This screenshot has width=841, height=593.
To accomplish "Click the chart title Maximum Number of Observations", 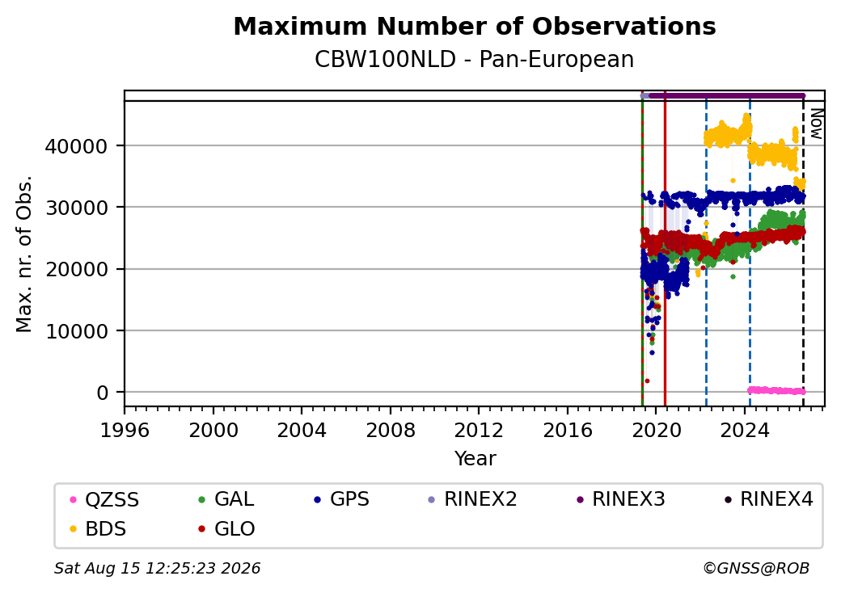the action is [475, 26].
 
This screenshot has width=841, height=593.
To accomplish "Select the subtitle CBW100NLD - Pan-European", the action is [474, 59].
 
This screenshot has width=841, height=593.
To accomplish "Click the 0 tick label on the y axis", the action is [102, 393].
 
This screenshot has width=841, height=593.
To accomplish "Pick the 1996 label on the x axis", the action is [125, 430].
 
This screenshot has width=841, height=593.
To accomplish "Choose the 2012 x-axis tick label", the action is [479, 430].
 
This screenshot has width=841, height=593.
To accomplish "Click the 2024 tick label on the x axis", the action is [745, 430].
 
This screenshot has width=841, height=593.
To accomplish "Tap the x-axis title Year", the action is [475, 459].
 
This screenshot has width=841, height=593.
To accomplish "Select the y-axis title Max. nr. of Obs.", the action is [24, 254].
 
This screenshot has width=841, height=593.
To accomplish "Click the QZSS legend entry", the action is [105, 500].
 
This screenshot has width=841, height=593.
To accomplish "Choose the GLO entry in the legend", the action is [227, 529].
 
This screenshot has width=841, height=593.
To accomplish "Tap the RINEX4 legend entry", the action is [769, 499].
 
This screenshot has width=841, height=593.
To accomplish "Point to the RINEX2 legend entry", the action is [473, 499].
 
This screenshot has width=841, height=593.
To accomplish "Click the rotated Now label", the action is [816, 124].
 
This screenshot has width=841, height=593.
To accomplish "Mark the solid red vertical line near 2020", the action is [665, 249].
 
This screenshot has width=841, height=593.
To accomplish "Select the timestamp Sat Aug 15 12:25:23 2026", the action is [158, 568].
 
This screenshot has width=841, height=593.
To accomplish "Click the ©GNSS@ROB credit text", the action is [756, 568].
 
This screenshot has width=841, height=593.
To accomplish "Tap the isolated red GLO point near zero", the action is [648, 381].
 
